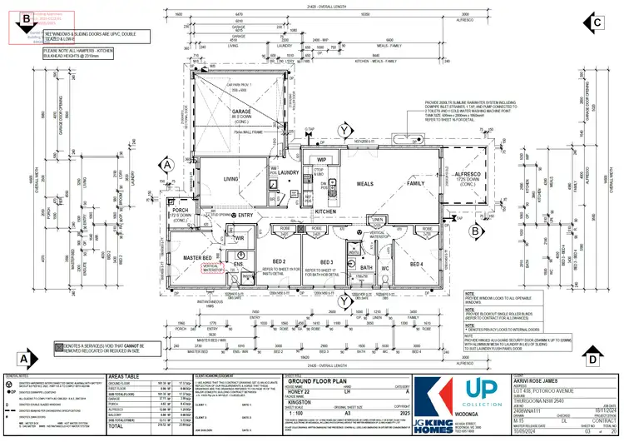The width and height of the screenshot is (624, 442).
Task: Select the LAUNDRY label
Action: (289, 172)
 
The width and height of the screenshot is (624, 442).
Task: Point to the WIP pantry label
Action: (320, 159)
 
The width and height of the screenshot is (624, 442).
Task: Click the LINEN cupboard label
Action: (377, 220)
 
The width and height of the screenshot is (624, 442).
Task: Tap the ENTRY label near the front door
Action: (245, 216)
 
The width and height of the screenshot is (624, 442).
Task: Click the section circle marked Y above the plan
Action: (344, 130)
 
